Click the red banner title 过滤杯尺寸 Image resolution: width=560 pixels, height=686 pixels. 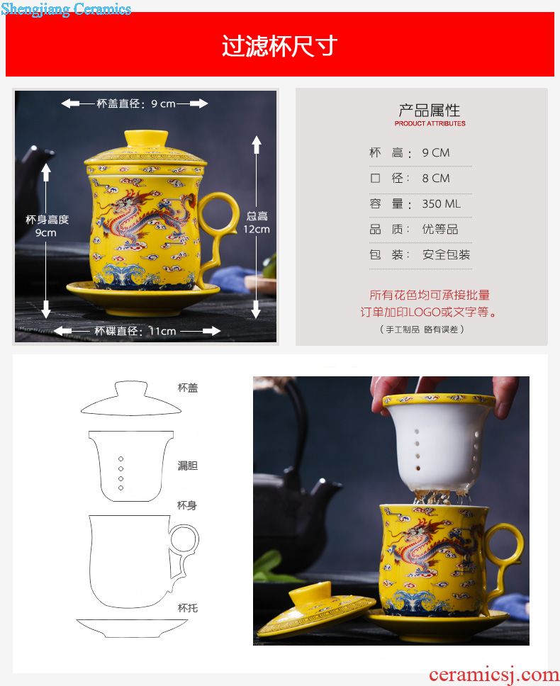pos(279,45)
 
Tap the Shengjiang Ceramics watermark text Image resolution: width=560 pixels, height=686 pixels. pos(66,9)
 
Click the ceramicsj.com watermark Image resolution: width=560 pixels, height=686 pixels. pos(494,675)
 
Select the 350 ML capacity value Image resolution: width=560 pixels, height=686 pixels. pos(442,204)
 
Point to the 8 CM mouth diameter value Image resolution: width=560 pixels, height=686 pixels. pos(436,178)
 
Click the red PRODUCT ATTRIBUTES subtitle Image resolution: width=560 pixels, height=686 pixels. pos(430,123)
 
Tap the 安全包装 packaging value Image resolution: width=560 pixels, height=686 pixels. pos(446,254)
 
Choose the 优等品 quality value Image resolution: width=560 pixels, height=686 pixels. pos(440,229)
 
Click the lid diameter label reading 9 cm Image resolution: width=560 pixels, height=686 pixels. pos(135,103)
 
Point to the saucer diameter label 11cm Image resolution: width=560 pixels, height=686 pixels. pos(135,331)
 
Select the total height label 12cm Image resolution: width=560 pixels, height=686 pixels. pos(257,223)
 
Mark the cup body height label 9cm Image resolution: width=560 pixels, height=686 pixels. pos(47,226)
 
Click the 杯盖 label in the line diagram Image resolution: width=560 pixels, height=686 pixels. pos(188,388)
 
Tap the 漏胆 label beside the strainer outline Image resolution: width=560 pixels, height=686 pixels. pos(188,466)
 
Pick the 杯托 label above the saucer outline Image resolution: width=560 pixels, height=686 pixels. pos(188,607)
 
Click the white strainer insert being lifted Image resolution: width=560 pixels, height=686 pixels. pos(439,443)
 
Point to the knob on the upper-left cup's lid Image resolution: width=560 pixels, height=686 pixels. pos(146,139)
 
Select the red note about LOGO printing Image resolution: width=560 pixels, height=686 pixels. pos(429,303)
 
